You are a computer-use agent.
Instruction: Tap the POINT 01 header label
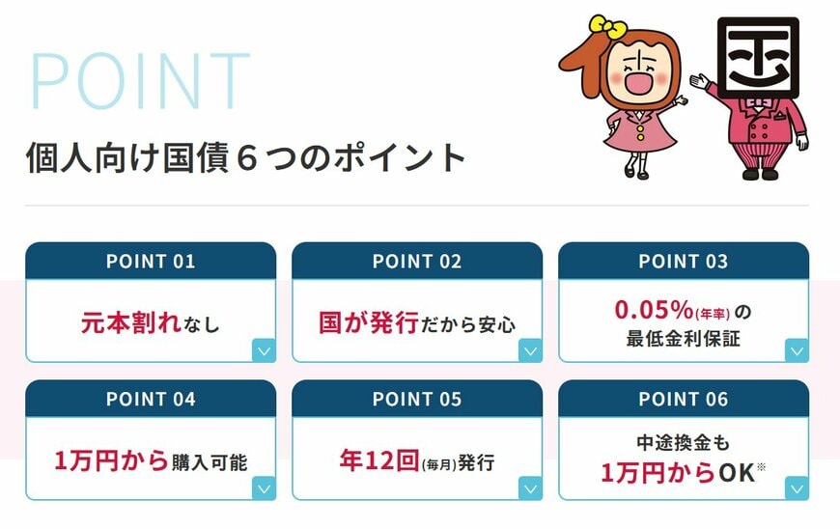[x=151, y=262]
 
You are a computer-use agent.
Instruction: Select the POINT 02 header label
[x=417, y=262]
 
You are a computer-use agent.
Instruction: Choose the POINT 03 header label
[x=684, y=262]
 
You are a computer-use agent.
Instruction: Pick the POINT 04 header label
[x=151, y=400]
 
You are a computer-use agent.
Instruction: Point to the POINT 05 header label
[x=417, y=400]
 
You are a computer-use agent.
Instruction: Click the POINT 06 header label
[x=684, y=400]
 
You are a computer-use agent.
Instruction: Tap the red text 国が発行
[x=369, y=322]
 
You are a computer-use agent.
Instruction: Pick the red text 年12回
[x=378, y=460]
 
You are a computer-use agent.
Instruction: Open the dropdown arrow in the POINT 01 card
[x=264, y=350]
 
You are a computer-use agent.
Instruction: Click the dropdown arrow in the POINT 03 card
[x=797, y=350]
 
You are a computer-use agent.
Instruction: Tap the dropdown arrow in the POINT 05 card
[x=530, y=488]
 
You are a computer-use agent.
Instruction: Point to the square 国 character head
[x=757, y=54]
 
